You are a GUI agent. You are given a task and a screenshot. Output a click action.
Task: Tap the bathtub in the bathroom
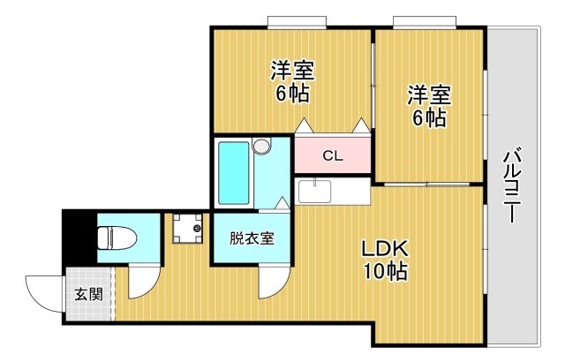point(234,172)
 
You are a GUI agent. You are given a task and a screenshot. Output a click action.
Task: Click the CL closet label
point(332,157)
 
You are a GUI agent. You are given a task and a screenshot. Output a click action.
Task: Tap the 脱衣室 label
point(252,238)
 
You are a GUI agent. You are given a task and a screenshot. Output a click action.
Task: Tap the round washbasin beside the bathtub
point(261,147)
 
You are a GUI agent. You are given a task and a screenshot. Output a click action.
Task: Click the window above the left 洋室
point(298,22)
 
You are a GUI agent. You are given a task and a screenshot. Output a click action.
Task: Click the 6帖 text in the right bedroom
point(429,117)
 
